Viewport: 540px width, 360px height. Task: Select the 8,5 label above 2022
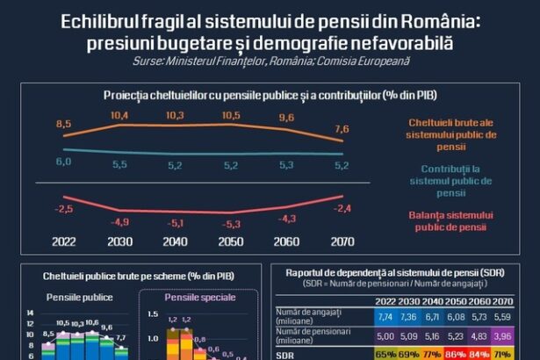click(x=63, y=125)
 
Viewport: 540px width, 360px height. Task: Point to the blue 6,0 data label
click(x=63, y=162)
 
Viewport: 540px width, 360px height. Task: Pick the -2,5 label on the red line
click(x=63, y=208)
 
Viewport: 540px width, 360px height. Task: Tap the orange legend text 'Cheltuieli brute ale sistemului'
click(x=451, y=129)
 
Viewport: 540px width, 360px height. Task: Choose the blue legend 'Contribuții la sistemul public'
click(x=451, y=179)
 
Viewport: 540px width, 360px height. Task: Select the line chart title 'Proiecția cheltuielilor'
click(x=270, y=94)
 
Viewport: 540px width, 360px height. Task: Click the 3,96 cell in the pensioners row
click(x=527, y=334)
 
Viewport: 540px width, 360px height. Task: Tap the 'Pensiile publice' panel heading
click(x=79, y=298)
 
